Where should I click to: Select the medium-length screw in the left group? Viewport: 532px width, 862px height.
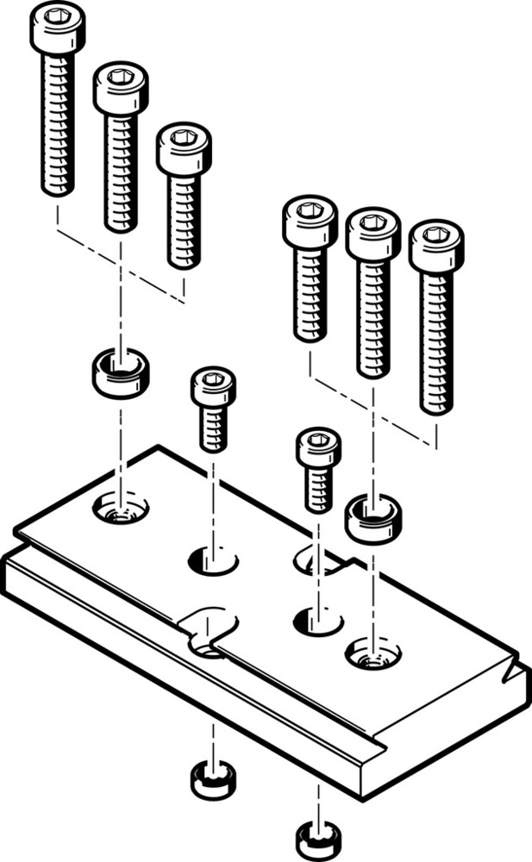point(121,147)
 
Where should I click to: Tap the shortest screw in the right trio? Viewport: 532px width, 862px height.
point(309,267)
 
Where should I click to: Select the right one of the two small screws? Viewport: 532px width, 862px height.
point(318,469)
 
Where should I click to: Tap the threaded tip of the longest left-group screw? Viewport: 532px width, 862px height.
point(58,185)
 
